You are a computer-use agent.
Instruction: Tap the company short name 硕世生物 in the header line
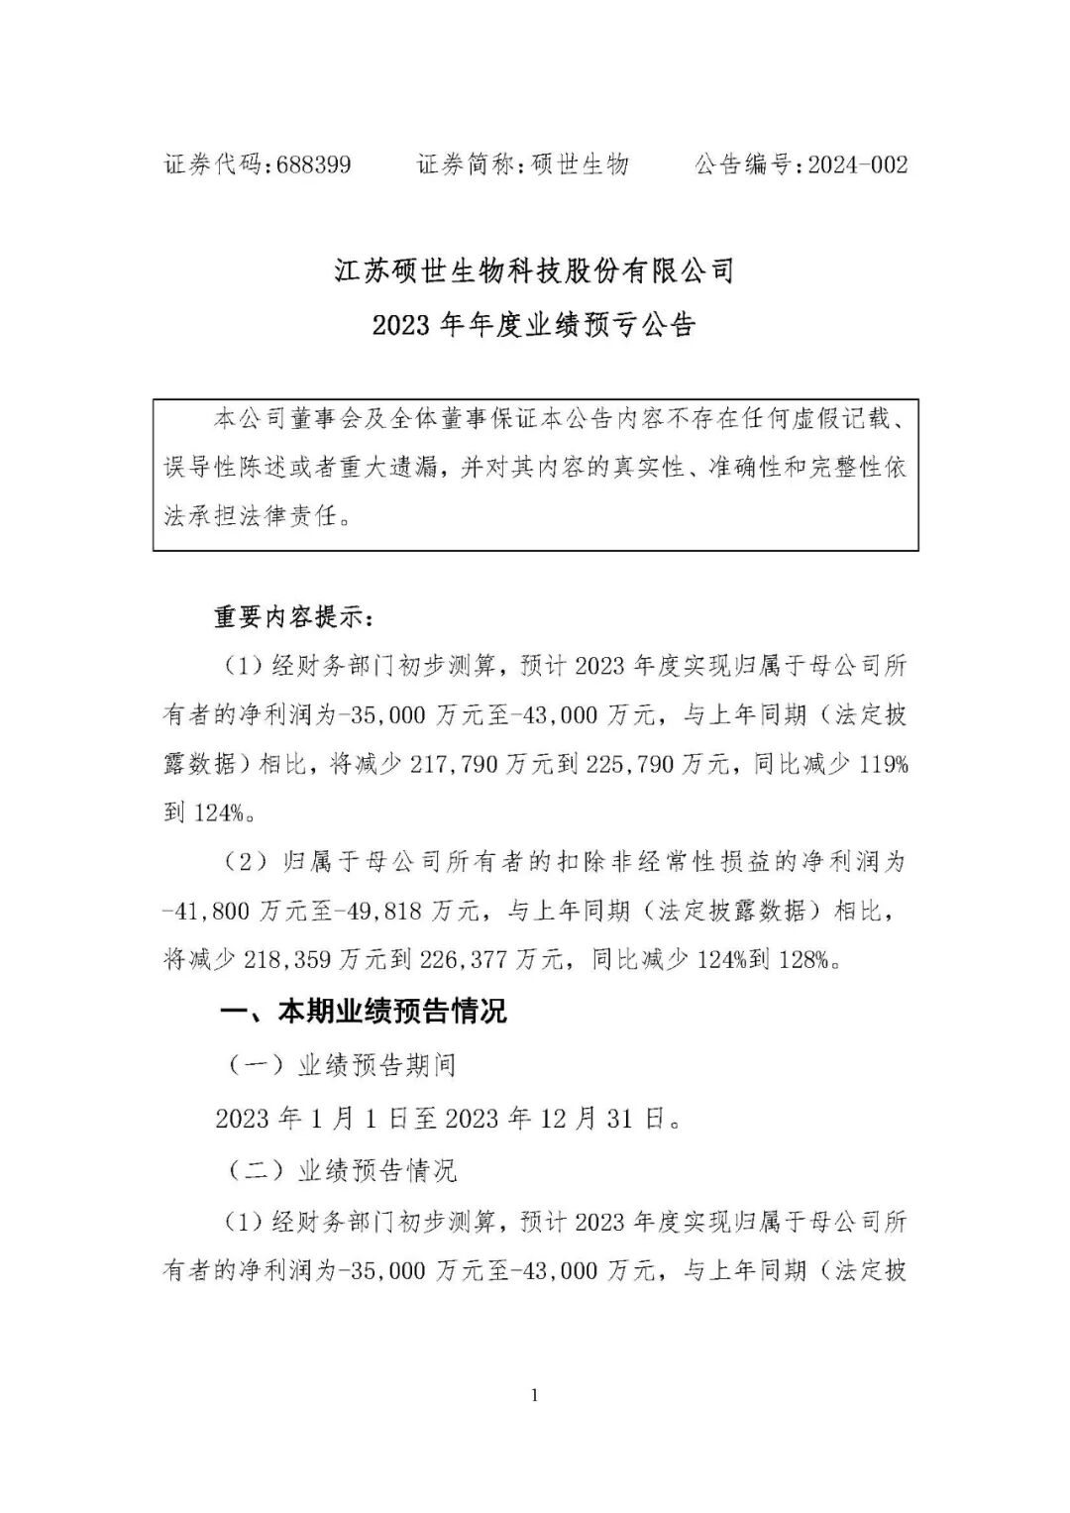[580, 164]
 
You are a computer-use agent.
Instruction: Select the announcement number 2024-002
[857, 164]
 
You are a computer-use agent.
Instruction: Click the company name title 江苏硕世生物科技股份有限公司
[534, 270]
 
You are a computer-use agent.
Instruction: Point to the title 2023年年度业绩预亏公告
[534, 325]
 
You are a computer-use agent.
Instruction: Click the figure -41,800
[205, 911]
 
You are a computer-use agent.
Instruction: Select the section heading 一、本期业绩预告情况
[363, 1012]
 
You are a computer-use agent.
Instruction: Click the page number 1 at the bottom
[535, 1396]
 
